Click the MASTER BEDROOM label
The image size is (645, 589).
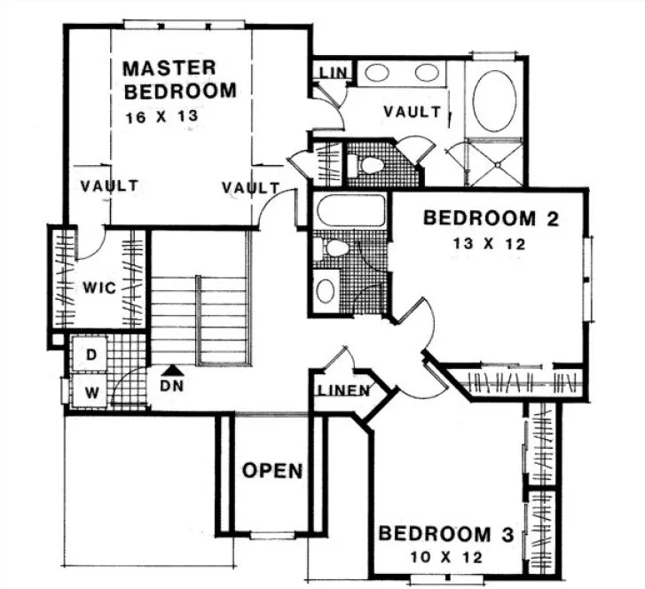tap(180, 79)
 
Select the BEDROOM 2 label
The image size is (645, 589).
tap(491, 218)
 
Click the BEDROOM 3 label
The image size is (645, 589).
tap(446, 535)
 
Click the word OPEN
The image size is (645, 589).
tap(273, 470)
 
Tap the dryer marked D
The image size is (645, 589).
tap(90, 353)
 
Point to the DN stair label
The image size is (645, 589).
tap(173, 387)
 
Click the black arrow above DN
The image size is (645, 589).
tap(173, 370)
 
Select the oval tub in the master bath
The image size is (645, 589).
tap(495, 98)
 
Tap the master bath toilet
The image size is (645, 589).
tap(367, 164)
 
